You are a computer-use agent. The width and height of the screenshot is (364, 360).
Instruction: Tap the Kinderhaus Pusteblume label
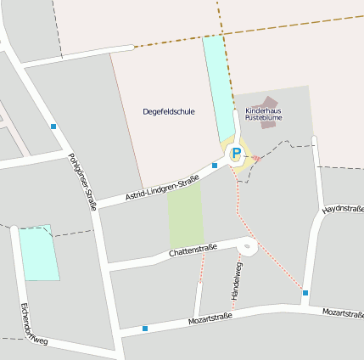tap(262, 115)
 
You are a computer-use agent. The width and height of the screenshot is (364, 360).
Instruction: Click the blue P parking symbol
tap(237, 154)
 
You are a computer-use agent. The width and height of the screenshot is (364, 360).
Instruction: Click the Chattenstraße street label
tap(193, 250)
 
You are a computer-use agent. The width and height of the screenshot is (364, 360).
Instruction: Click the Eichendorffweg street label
tap(34, 324)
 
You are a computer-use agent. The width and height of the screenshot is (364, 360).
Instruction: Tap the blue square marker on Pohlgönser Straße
tap(53, 127)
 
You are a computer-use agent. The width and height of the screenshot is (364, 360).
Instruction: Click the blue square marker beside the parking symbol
tap(215, 165)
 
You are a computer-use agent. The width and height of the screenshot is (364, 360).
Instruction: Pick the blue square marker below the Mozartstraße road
tap(145, 328)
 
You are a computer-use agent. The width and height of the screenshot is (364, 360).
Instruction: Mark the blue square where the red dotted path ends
tap(305, 293)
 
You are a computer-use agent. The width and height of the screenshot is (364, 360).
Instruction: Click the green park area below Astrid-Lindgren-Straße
tap(185, 217)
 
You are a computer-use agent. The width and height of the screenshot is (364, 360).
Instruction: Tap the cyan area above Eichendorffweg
tap(39, 253)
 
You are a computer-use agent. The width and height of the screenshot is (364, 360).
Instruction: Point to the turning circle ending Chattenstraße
tap(249, 248)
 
